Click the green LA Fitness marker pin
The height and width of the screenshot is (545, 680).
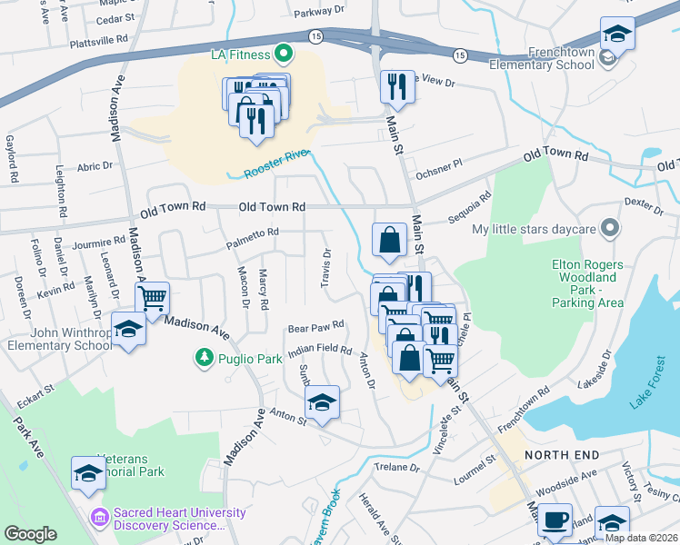click(x=283, y=55)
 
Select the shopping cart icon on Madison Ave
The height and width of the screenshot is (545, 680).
click(x=152, y=297)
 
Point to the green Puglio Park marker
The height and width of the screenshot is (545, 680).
click(x=205, y=359)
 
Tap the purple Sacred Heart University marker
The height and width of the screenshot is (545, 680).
click(x=99, y=519)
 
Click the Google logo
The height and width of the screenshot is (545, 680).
click(x=30, y=534)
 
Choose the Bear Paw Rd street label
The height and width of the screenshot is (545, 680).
click(x=315, y=325)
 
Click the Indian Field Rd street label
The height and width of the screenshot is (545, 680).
click(x=319, y=350)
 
